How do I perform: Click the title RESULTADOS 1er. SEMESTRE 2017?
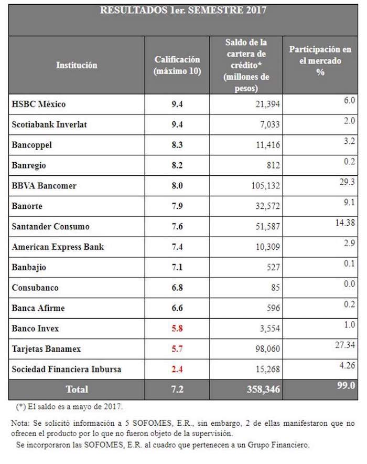pos(183,10)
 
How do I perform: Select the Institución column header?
pos(77,66)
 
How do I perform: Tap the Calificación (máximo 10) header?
pos(177,65)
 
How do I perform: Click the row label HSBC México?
pos(38,104)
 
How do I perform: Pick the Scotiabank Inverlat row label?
pos(49,124)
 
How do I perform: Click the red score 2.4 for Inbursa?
pos(177,370)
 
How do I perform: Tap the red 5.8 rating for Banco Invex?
pos(177,329)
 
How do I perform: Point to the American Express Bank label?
pos(58,247)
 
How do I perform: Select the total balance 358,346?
pos(246,389)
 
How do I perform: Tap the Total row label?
pos(77,389)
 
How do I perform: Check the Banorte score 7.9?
pos(177,206)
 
